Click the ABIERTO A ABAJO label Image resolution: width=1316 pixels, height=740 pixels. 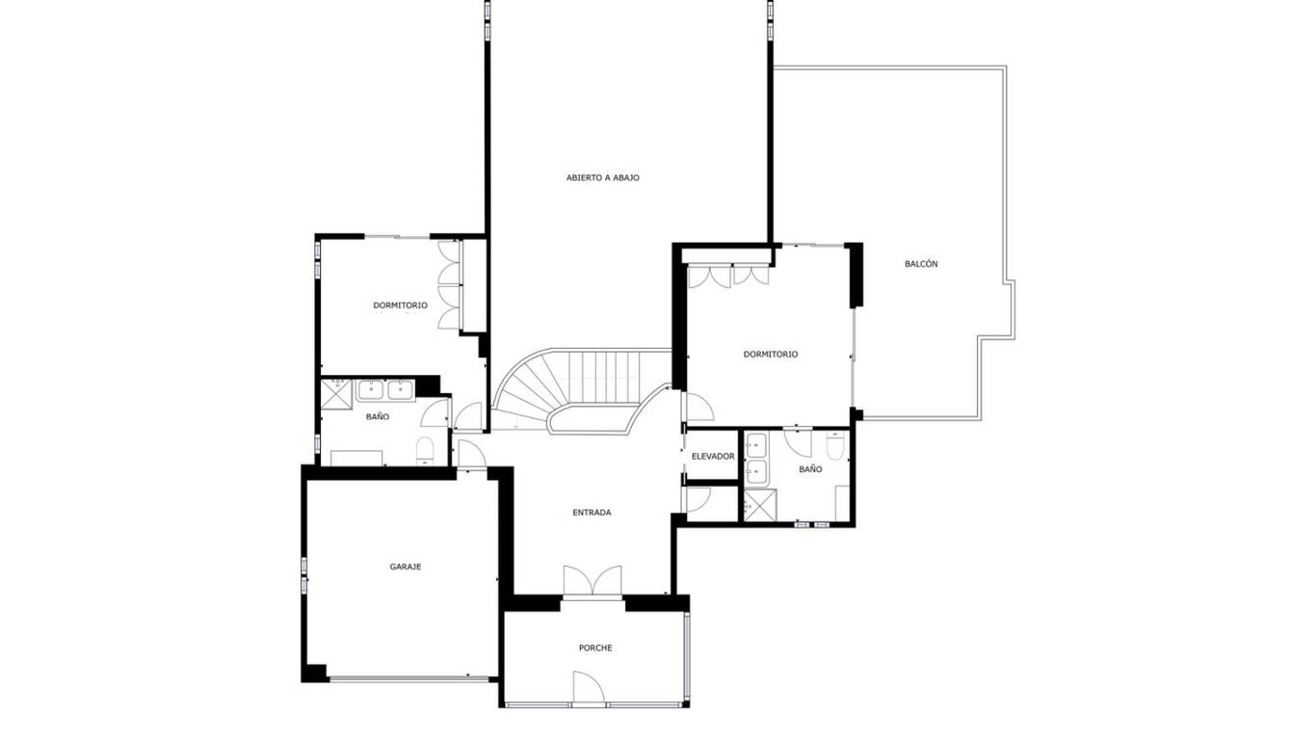click(603, 177)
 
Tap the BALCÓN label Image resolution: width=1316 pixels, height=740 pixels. click(921, 264)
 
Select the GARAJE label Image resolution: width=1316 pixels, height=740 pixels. click(406, 568)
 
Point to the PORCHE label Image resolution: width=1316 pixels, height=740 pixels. click(595, 647)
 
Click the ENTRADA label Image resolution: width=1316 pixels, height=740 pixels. click(592, 513)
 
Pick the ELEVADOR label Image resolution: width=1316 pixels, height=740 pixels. click(713, 456)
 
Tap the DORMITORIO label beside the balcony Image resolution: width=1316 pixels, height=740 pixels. click(770, 355)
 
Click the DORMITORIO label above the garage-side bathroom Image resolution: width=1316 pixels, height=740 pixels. click(400, 305)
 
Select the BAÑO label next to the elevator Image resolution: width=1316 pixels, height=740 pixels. click(810, 469)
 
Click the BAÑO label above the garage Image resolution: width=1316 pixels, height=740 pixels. click(378, 416)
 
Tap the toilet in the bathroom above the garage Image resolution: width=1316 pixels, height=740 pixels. click(424, 451)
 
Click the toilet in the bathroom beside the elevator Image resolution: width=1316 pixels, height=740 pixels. click(835, 445)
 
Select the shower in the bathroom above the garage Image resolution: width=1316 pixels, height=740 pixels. click(336, 392)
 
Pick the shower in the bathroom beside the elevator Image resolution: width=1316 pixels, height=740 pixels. click(759, 505)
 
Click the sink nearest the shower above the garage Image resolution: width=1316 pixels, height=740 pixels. click(371, 389)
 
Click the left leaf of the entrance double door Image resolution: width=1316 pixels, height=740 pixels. click(578, 580)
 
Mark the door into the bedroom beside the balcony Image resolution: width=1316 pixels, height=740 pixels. click(699, 407)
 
